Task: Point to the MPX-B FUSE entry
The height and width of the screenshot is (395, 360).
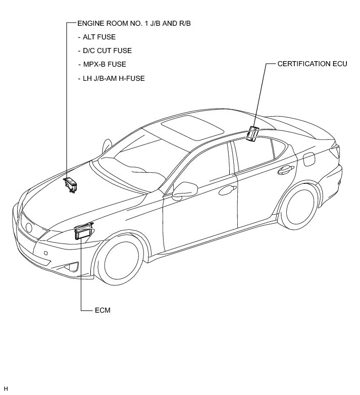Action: tap(102, 64)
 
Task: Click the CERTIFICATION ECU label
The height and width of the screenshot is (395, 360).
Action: tap(312, 65)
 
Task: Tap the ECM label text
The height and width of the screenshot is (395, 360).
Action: tap(102, 310)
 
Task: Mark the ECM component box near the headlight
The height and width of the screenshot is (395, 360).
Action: tap(83, 232)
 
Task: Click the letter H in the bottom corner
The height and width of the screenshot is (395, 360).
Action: tap(6, 388)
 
